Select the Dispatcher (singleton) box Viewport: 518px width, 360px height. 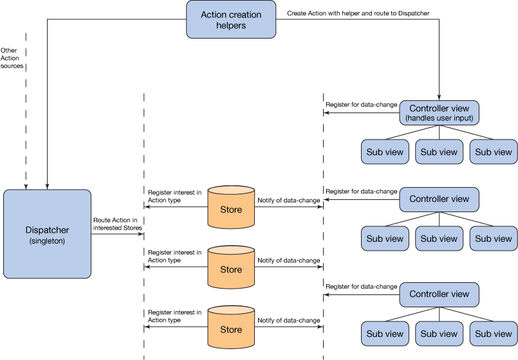[47, 234]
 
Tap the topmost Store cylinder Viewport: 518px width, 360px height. [231, 210]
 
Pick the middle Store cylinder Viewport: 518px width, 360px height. [231, 269]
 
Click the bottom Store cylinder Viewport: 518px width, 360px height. [231, 329]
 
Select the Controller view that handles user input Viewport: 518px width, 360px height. [439, 113]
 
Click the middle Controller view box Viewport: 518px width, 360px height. [439, 199]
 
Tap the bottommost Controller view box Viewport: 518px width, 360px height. [439, 294]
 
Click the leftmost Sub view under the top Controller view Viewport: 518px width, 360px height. [385, 152]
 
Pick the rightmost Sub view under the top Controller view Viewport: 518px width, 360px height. [494, 152]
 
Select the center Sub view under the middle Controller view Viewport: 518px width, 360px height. [439, 239]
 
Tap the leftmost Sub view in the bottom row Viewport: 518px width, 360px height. [385, 334]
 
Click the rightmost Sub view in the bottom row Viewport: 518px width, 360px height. [494, 334]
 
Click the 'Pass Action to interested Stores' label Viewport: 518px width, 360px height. [116, 224]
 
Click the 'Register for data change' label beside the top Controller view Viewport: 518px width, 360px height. [358, 104]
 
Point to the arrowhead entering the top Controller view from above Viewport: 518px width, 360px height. [439, 97]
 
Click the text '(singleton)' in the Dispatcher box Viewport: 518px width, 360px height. [47, 241]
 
